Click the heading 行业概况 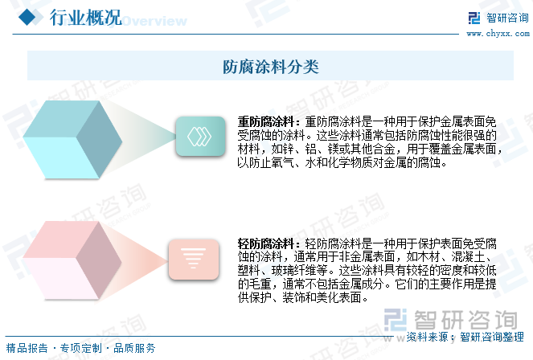(x=86, y=17)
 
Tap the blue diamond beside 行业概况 (x=27, y=17)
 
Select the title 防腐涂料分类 (x=271, y=67)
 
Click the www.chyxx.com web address (x=498, y=33)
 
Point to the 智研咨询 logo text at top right (x=507, y=18)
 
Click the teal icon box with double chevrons (x=200, y=136)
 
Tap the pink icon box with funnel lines (x=194, y=259)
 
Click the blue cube (x=72, y=139)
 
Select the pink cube (x=72, y=260)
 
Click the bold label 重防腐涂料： (x=269, y=121)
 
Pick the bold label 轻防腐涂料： (x=269, y=243)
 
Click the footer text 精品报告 (x=27, y=348)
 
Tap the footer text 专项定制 (x=80, y=348)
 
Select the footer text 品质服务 (x=134, y=348)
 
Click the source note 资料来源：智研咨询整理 (x=465, y=337)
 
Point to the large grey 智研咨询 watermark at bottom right (x=451, y=320)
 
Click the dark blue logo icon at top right (x=474, y=18)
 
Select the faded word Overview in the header (x=154, y=21)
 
